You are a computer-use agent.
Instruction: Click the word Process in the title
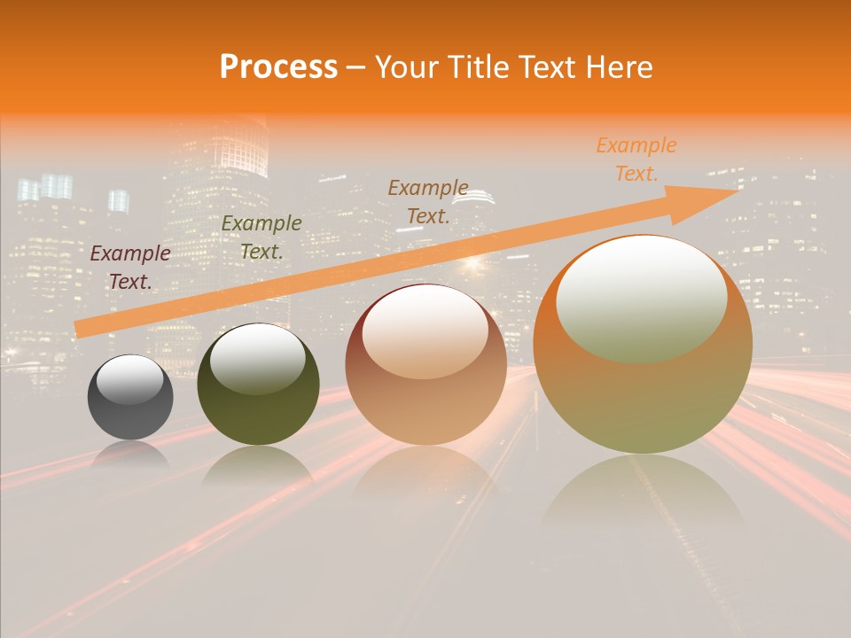(278, 67)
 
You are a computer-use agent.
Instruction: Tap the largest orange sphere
(643, 399)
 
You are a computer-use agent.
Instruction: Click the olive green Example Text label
(262, 237)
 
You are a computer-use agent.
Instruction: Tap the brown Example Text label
(428, 202)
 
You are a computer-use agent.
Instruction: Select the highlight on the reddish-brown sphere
(425, 332)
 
